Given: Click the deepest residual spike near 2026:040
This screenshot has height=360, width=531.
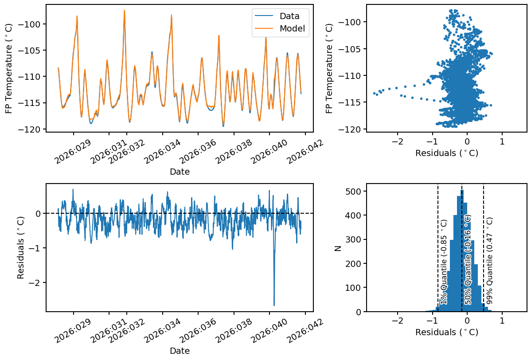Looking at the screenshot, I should click(x=274, y=305).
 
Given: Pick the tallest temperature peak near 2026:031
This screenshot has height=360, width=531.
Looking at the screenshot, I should click(x=125, y=10).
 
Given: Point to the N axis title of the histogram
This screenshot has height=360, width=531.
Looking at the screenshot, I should click(x=338, y=248).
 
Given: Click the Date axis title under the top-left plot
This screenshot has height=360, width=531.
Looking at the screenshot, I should click(x=180, y=172).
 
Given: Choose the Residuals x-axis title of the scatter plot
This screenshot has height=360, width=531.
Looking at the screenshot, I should click(x=446, y=153).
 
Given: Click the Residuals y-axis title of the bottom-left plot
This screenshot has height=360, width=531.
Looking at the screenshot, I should click(x=21, y=248).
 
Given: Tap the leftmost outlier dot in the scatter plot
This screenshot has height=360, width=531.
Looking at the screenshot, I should click(x=374, y=93).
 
